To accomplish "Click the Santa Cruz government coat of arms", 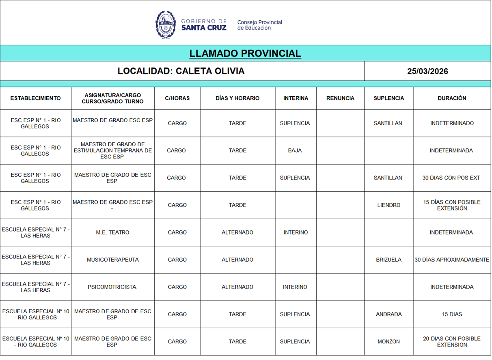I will click(165, 25).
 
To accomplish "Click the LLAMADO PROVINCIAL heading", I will click(245, 53).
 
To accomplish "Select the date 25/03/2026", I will click(427, 71).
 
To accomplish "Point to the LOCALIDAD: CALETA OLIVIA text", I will click(181, 71).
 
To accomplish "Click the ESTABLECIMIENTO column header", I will click(35, 98).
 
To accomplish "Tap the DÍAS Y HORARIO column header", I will click(237, 98).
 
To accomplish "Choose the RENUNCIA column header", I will click(340, 98).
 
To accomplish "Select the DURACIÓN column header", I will click(452, 98).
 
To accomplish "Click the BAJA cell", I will click(295, 150).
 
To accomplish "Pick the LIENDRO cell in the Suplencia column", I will click(388, 205).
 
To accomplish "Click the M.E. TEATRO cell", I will click(112, 232).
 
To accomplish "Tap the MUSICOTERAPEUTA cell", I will click(112, 260).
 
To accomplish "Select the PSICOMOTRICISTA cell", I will click(112, 287).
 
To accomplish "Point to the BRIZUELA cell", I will click(388, 260).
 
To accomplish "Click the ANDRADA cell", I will click(388, 314).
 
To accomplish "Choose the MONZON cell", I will click(388, 342).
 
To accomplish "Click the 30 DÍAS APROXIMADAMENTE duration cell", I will click(452, 260).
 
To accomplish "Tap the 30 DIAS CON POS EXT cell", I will click(451, 178).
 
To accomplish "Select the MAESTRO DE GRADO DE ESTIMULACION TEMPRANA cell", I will click(112, 150).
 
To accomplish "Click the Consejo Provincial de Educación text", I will click(259, 25).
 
